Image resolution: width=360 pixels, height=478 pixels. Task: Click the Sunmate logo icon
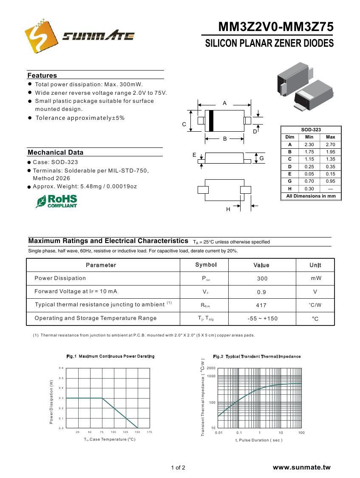(x=41, y=35)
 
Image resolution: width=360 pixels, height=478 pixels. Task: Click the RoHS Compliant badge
(x=57, y=201)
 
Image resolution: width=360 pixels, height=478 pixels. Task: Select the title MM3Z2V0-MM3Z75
(x=276, y=27)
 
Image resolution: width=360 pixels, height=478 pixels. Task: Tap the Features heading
(x=42, y=76)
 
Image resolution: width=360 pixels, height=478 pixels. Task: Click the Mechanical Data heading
(x=55, y=153)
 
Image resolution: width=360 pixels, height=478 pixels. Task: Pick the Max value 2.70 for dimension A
(x=330, y=144)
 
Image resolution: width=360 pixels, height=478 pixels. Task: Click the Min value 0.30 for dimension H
(x=309, y=189)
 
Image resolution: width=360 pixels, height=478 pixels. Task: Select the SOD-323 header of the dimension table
(x=311, y=130)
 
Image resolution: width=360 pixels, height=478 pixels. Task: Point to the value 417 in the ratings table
(x=261, y=305)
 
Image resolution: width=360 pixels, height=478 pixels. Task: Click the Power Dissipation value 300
(x=262, y=279)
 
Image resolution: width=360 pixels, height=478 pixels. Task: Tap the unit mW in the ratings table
(x=316, y=278)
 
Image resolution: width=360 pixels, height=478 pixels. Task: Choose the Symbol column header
(x=206, y=265)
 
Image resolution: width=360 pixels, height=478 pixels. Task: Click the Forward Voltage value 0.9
(x=261, y=292)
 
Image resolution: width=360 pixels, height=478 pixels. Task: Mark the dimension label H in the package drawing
(x=228, y=209)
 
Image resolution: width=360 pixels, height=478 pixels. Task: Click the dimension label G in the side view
(x=262, y=158)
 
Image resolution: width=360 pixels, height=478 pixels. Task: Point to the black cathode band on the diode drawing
(x=211, y=121)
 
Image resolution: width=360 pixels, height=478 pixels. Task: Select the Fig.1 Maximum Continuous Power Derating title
(x=111, y=356)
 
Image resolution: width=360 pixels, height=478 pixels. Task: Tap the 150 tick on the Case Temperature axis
(x=137, y=432)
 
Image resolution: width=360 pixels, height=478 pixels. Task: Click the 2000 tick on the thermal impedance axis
(x=211, y=368)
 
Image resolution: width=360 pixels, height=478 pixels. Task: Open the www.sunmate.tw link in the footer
(x=301, y=467)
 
